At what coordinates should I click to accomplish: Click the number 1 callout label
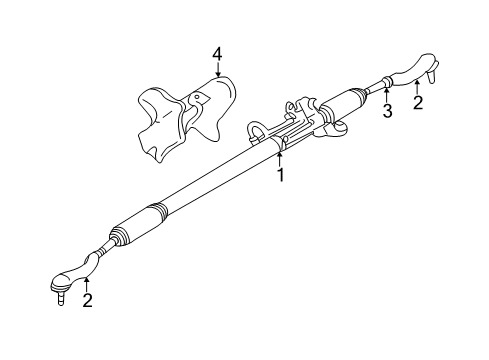281,175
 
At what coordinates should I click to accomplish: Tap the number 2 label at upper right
418,102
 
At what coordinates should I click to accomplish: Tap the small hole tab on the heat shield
197,98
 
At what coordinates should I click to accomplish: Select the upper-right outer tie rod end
412,70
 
